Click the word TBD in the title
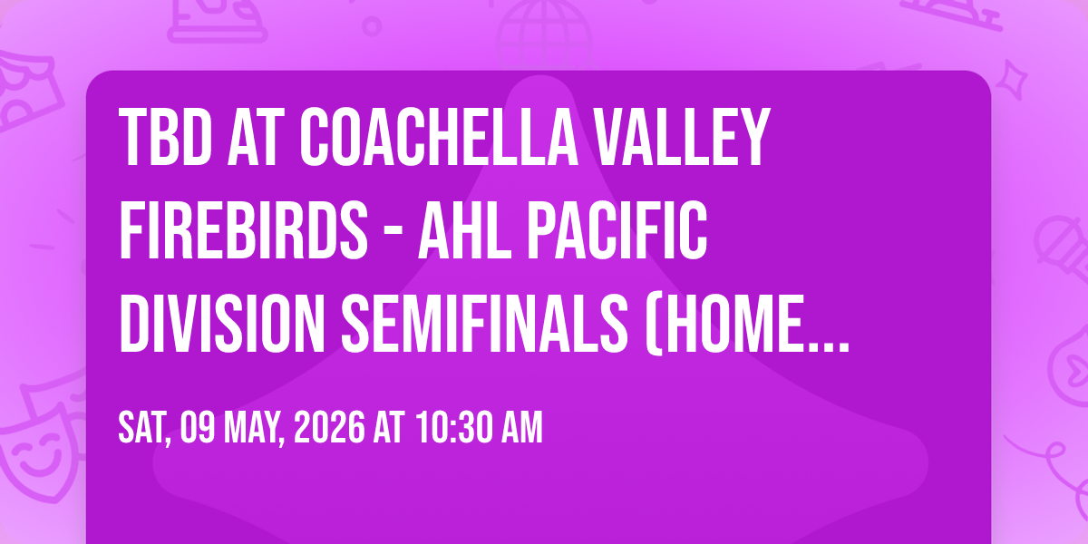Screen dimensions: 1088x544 pyautogui.click(x=166, y=138)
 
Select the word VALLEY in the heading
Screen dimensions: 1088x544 pyautogui.click(x=682, y=138)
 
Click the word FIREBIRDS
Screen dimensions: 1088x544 pyautogui.click(x=243, y=229)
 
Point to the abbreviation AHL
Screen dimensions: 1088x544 pyautogui.click(x=465, y=229)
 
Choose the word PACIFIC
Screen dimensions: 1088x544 pyautogui.click(x=617, y=229)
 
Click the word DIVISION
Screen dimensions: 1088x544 pyautogui.click(x=222, y=323)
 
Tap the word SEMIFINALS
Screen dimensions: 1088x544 pyautogui.click(x=485, y=323)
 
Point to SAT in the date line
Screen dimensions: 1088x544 pyautogui.click(x=144, y=428)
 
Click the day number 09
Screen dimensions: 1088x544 pyautogui.click(x=198, y=427)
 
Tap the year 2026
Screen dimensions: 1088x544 pyautogui.click(x=329, y=427)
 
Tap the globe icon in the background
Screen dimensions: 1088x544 pyautogui.click(x=544, y=33)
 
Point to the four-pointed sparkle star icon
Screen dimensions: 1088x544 pyautogui.click(x=1012, y=80)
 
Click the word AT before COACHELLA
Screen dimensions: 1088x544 pyautogui.click(x=256, y=138)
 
